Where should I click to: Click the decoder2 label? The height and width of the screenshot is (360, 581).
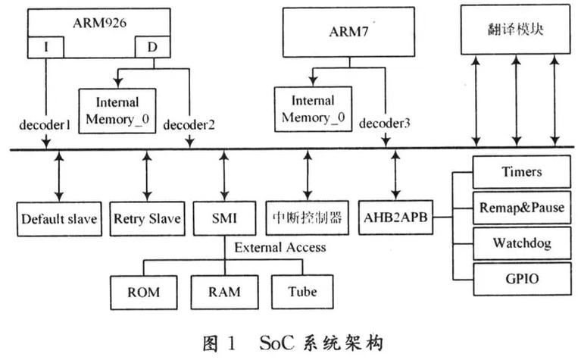190,124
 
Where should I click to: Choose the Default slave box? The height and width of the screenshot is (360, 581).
58,220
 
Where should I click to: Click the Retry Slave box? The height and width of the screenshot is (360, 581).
147,220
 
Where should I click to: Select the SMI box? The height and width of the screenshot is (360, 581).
223,220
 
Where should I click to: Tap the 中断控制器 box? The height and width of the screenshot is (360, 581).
306,220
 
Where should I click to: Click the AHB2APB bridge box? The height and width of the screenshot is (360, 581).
395,220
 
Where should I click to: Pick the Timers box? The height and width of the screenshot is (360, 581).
521,172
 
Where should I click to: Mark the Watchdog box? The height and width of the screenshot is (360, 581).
521,243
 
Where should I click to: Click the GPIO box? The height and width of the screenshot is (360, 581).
521,278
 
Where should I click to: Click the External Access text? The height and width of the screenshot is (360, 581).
280,247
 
